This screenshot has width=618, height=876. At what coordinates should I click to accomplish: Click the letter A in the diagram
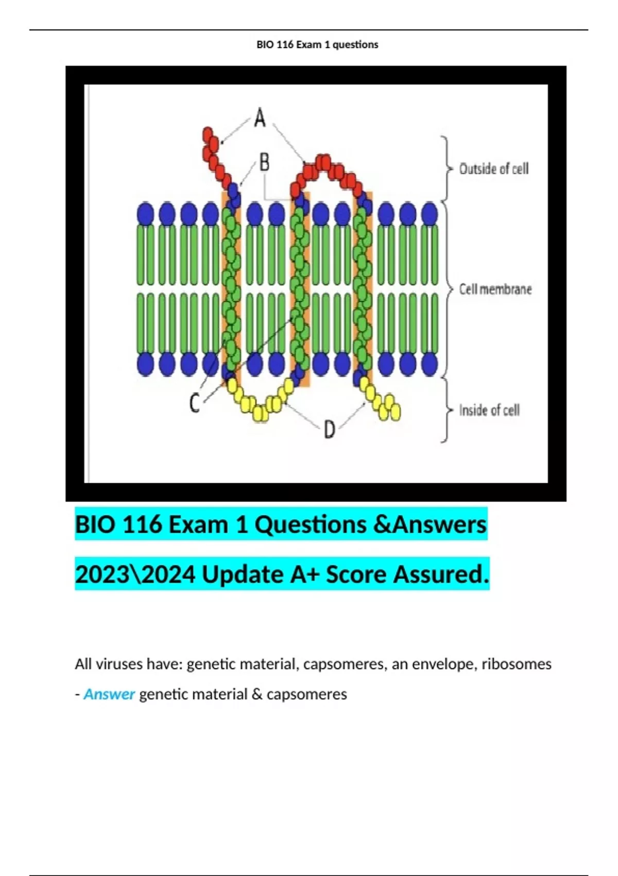pos(260,117)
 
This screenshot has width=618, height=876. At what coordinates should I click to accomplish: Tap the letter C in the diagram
pos(194,403)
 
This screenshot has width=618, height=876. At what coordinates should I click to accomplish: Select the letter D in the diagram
pos(330,429)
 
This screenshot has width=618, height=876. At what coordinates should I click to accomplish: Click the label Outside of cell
pos(494,169)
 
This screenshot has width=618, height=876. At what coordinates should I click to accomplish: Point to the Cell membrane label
pos(495,290)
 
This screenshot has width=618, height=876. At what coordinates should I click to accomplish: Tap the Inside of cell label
pos(489,410)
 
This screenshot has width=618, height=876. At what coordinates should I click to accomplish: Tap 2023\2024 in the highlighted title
pos(135,575)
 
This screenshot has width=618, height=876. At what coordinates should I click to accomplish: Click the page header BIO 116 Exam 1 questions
pos(317,45)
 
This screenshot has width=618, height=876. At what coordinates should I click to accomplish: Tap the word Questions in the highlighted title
pos(311,525)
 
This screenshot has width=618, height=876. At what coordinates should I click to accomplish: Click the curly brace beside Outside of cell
pos(446,169)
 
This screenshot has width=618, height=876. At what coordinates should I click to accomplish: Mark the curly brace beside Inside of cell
pos(446,410)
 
